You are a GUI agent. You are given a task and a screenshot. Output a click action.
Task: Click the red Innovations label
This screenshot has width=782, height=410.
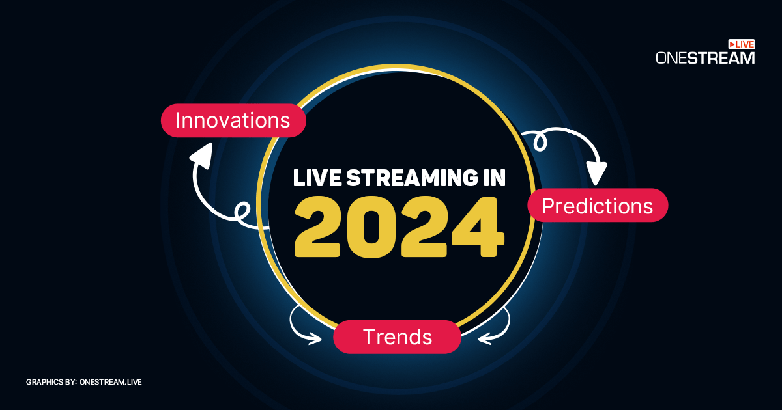(x=233, y=120)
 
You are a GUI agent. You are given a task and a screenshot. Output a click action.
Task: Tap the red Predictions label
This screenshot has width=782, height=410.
(x=597, y=206)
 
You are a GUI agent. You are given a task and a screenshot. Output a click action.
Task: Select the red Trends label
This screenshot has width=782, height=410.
(x=397, y=336)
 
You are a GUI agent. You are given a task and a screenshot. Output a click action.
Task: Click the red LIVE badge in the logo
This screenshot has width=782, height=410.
(x=741, y=44)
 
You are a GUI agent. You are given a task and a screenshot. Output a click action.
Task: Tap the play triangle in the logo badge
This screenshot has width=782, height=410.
(x=732, y=44)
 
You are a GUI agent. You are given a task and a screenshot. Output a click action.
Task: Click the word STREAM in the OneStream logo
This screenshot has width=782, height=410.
(x=724, y=58)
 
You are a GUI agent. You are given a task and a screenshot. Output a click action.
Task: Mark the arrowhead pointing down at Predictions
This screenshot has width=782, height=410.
(x=596, y=174)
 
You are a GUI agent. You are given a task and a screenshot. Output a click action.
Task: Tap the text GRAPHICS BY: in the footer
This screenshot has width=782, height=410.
(x=51, y=382)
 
